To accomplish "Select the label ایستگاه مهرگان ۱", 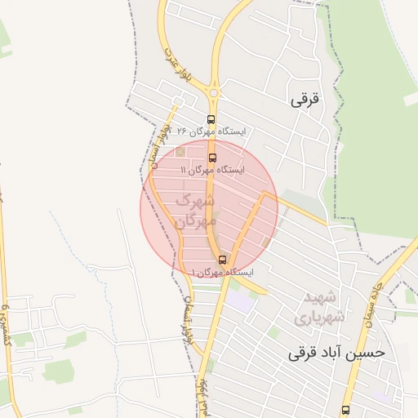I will (x=221, y=272).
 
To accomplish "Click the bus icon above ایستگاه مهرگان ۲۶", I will (x=211, y=119).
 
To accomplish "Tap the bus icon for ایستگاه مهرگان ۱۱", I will (x=213, y=158).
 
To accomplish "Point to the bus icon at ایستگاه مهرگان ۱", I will (x=222, y=260).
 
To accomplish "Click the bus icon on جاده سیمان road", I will (x=345, y=410).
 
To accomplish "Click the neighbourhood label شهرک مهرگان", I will (x=196, y=210).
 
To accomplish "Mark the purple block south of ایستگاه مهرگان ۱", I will (x=240, y=299).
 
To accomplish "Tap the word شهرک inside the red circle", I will (x=196, y=200).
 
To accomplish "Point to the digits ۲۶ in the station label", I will (x=182, y=131).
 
